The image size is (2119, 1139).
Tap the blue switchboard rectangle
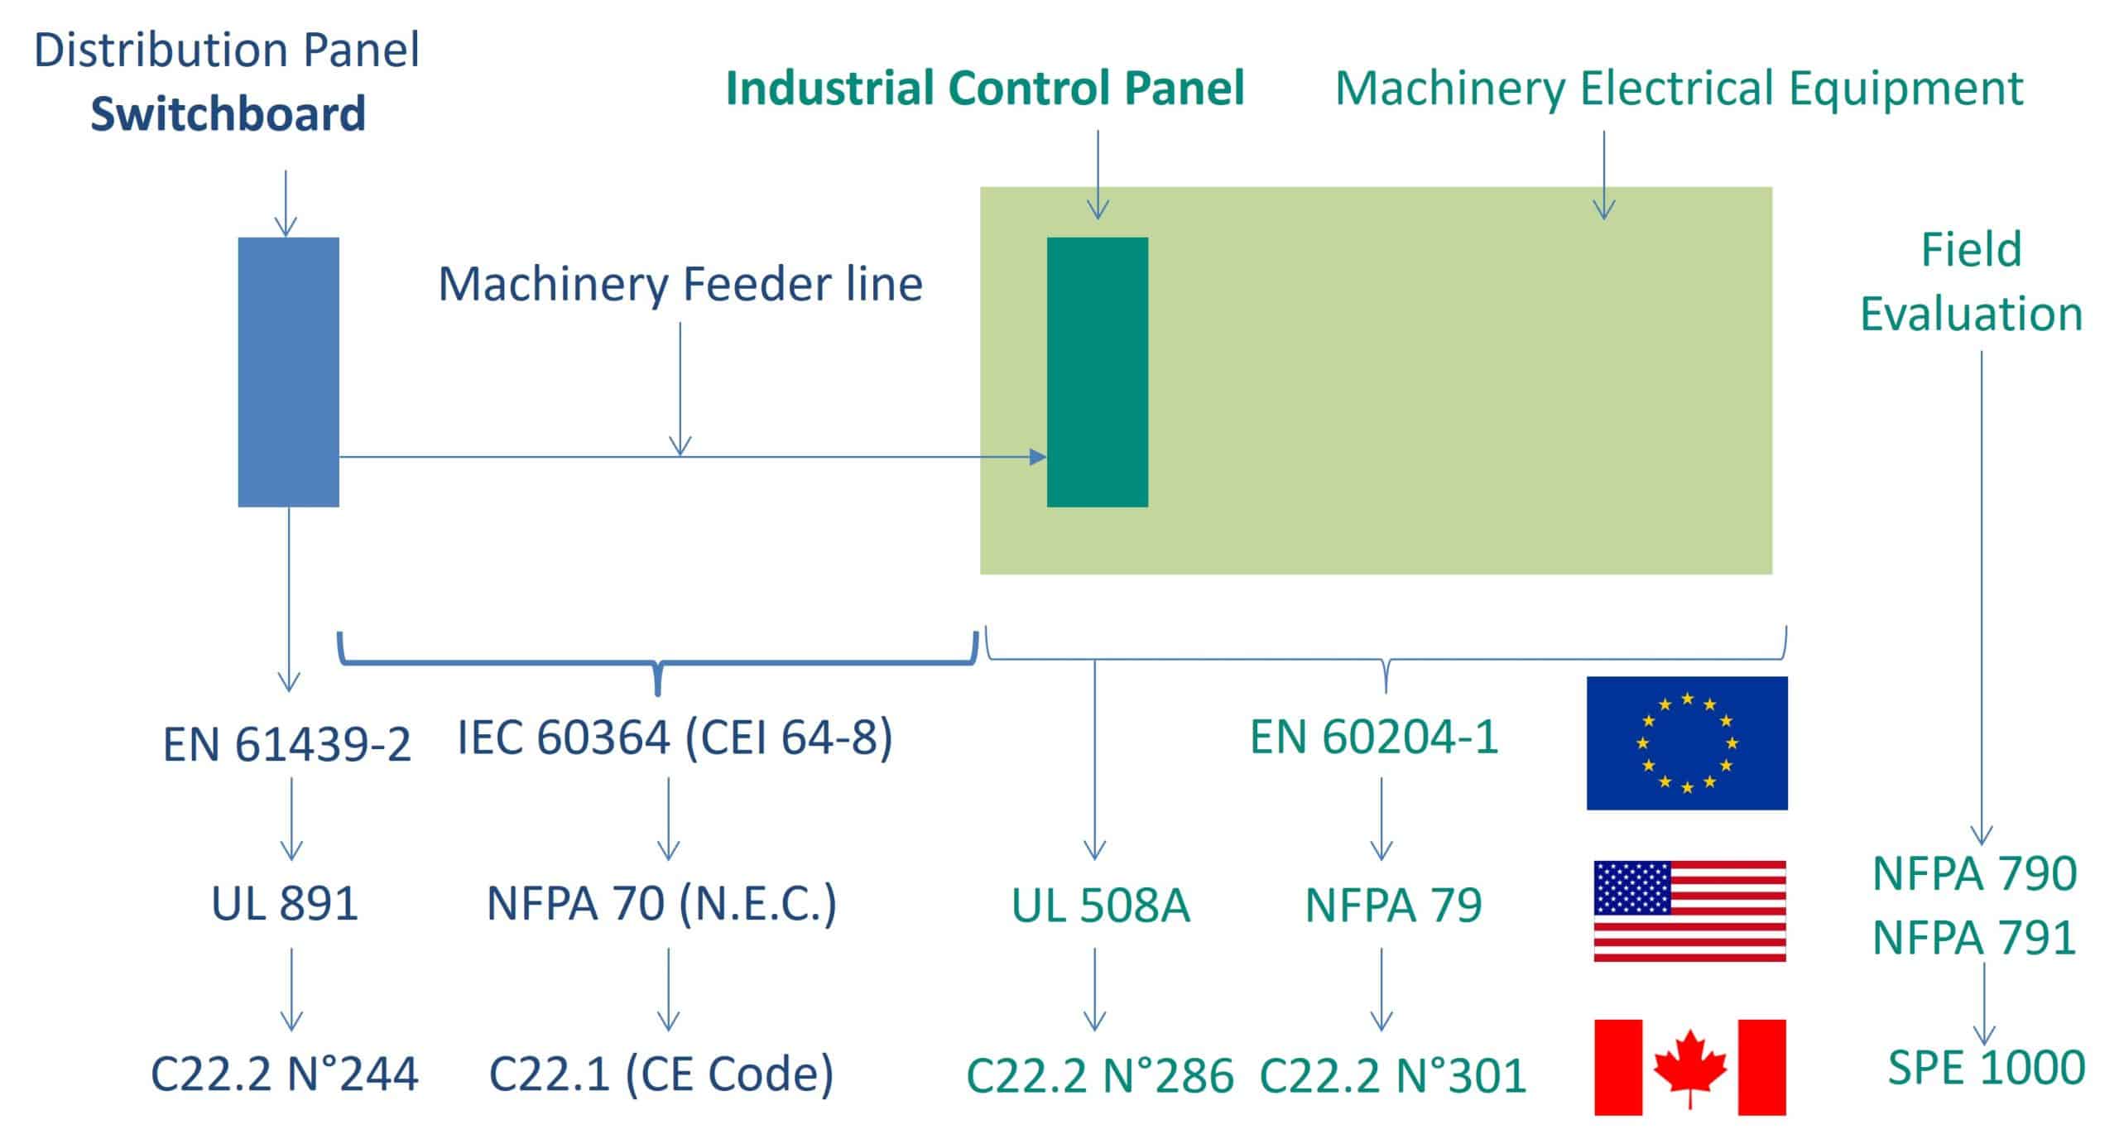tap(288, 372)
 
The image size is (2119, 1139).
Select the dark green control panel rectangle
tap(1097, 372)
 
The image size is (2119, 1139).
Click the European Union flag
tap(1686, 743)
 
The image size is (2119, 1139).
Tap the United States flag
tap(1689, 911)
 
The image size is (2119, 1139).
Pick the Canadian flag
tap(1689, 1067)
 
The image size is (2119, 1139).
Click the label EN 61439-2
tap(286, 744)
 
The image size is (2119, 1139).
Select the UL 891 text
tap(285, 903)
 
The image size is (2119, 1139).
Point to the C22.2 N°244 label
tap(285, 1074)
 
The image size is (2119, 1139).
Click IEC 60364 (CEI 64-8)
tap(675, 737)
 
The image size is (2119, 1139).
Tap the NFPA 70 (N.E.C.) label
tap(661, 903)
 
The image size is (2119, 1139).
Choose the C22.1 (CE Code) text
tap(661, 1074)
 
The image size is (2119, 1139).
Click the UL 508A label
tap(1100, 906)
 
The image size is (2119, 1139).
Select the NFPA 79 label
tap(1393, 906)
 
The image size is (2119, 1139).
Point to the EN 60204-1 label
tap(1374, 737)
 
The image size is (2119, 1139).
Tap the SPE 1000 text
tap(1986, 1067)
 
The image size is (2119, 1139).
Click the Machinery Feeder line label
tap(680, 284)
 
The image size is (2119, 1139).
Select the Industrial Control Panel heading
tap(985, 89)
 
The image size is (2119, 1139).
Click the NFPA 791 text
tap(1974, 938)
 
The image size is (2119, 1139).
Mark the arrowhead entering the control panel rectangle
tap(1038, 456)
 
